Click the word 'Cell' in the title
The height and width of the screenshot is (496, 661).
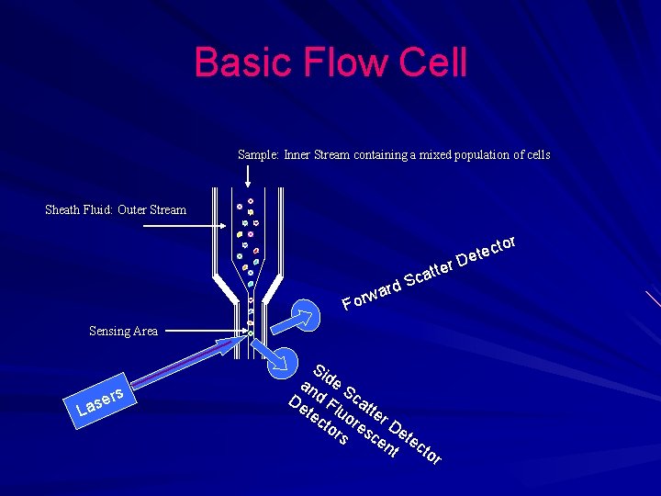(x=433, y=62)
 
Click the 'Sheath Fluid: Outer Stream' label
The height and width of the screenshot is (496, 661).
(x=116, y=209)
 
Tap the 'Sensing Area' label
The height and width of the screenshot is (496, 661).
(x=123, y=331)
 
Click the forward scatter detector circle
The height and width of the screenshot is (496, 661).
(x=305, y=312)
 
